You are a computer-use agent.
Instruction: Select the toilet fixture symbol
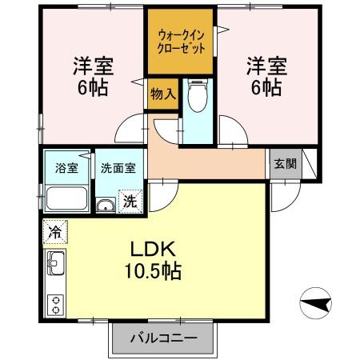click(195, 99)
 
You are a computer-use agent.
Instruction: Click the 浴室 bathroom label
click(66, 169)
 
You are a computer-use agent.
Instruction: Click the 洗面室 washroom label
click(118, 169)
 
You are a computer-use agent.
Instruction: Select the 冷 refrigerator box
click(55, 231)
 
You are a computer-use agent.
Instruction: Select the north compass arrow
click(318, 304)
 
